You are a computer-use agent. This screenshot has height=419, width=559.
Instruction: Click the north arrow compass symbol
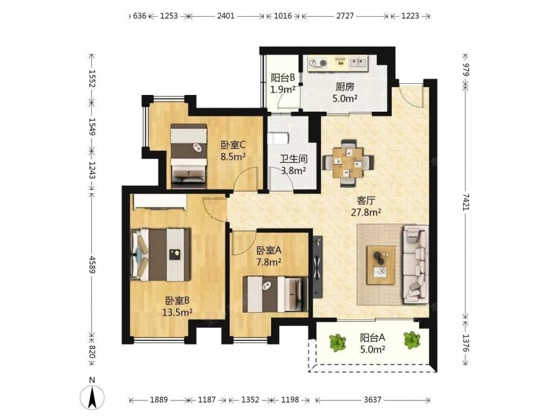pos(92,397)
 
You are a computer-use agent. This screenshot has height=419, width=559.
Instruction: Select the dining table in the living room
pos(348,163)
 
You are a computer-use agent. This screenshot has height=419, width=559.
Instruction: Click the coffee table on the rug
pos(381,265)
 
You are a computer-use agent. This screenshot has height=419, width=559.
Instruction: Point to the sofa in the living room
pos(416,264)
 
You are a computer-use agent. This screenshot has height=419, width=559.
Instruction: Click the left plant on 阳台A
pos(337,342)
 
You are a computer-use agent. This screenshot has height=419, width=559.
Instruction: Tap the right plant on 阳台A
pos(412,340)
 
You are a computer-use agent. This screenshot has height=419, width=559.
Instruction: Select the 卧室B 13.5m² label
pos(177,306)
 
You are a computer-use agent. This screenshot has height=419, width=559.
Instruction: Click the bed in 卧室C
pos(188,156)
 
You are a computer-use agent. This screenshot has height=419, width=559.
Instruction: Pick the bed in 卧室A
pos(276,294)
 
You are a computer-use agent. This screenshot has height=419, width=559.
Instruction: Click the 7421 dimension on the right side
pos(466,202)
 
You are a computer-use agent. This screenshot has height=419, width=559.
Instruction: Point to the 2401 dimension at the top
pos(226,16)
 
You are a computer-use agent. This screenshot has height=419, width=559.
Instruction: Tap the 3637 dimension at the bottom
pos(372,400)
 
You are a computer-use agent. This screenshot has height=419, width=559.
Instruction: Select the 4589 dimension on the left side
pos(92,265)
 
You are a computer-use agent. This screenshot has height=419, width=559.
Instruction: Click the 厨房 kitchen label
pos(345,87)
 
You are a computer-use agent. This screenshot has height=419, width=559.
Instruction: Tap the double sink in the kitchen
pos(358,63)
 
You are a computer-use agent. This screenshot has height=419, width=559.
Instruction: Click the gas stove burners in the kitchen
pos(318,63)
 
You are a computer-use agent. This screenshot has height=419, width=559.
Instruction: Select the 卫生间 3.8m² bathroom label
pos(293,165)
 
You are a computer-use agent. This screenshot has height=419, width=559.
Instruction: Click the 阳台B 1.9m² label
pos(283,83)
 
